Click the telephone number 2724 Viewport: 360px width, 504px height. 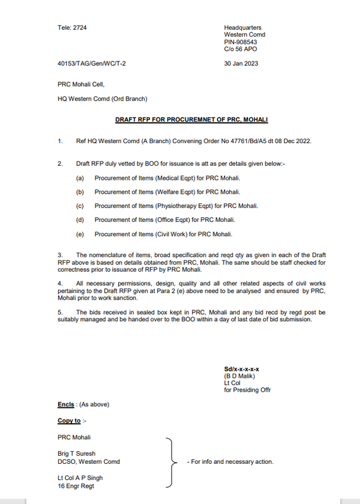(x=80, y=28)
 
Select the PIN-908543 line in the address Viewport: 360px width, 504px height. (x=240, y=42)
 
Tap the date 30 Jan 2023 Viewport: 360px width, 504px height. (x=241, y=63)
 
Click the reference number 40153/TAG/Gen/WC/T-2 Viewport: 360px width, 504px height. (x=91, y=63)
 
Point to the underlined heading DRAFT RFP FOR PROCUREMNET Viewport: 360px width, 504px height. (x=191, y=120)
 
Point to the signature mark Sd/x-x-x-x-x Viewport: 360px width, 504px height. (x=241, y=369)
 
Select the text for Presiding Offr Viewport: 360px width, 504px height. (x=247, y=390)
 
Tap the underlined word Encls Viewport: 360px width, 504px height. (x=66, y=404)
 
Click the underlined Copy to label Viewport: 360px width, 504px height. (x=69, y=421)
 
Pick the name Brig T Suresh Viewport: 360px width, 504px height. (x=76, y=454)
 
